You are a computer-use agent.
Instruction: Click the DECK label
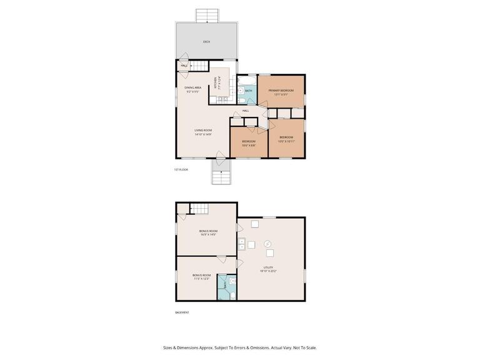(206, 42)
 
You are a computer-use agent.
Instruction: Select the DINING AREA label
(192, 89)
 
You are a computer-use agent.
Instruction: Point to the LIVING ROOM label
(203, 132)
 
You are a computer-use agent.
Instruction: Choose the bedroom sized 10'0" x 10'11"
(286, 139)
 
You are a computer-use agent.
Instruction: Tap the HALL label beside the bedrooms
(246, 111)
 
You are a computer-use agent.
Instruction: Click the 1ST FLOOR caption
(181, 169)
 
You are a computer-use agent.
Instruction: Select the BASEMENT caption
(182, 312)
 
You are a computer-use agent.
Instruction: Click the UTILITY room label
(268, 269)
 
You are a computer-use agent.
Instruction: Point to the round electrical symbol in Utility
(267, 243)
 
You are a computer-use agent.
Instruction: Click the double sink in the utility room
(241, 244)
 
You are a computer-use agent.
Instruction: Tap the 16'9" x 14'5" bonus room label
(207, 232)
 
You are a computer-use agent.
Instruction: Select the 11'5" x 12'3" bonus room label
(201, 277)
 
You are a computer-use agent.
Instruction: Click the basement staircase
(199, 209)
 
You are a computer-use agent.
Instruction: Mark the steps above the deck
(206, 15)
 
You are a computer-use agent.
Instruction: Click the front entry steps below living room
(220, 174)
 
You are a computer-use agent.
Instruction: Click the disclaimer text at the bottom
(240, 348)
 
